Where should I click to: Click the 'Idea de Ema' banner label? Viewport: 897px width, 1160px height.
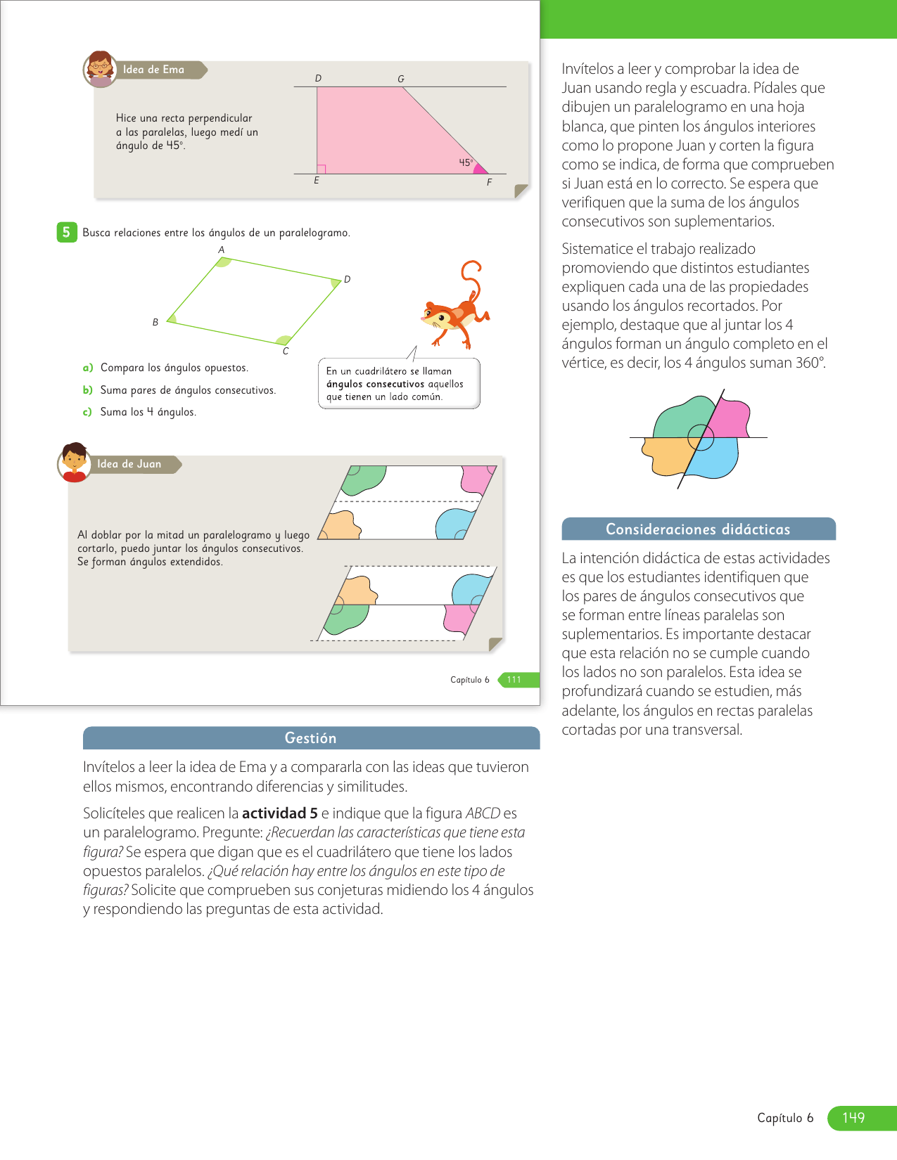click(153, 70)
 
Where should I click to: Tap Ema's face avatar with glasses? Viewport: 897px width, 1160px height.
click(101, 68)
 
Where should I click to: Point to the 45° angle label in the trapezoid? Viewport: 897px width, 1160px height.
click(466, 162)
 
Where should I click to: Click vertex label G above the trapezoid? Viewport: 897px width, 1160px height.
click(401, 79)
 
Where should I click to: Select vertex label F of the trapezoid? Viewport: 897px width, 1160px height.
click(489, 182)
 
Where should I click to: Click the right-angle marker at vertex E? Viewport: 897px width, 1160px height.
click(322, 169)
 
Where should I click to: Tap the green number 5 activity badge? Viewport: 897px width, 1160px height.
click(66, 232)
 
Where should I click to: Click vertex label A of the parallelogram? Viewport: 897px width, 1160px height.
click(221, 250)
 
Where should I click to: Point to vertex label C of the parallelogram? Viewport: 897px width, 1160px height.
click(286, 351)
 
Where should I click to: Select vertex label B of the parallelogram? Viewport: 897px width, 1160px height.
click(155, 322)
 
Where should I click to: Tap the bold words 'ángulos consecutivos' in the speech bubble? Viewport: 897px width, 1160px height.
click(375, 384)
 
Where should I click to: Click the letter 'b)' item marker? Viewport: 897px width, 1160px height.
click(88, 390)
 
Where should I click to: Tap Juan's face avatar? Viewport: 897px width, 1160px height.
click(74, 462)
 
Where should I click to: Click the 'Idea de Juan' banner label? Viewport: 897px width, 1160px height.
click(129, 464)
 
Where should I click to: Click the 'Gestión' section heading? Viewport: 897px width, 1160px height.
click(310, 738)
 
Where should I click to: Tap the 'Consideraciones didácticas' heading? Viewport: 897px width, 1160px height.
click(698, 529)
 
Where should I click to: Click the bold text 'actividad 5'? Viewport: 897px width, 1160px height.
click(279, 813)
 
